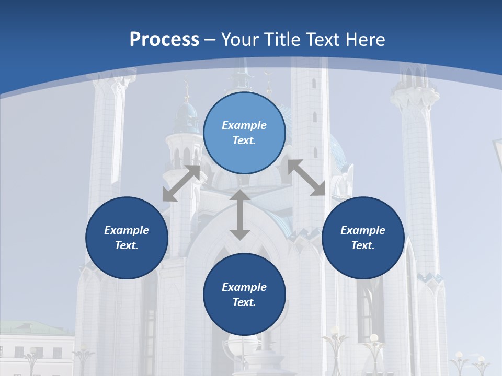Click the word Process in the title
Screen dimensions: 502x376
[164, 40]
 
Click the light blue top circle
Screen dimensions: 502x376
[244, 133]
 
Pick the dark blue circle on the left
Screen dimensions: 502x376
[127, 238]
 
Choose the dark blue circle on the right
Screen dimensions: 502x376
[363, 238]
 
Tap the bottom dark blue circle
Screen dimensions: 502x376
[244, 295]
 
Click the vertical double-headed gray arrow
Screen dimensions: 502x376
[240, 215]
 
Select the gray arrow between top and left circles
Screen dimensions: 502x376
[181, 183]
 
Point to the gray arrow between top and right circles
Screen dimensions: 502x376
[307, 178]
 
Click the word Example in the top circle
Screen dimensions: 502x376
[244, 125]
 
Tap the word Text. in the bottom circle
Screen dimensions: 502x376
[244, 302]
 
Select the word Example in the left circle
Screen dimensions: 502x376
[127, 230]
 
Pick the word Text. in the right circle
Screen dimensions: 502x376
[363, 245]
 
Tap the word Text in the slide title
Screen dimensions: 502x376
[322, 40]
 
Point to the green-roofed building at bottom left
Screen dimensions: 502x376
[31, 345]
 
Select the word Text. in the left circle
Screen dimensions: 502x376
[127, 245]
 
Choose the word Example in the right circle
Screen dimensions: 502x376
[363, 230]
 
